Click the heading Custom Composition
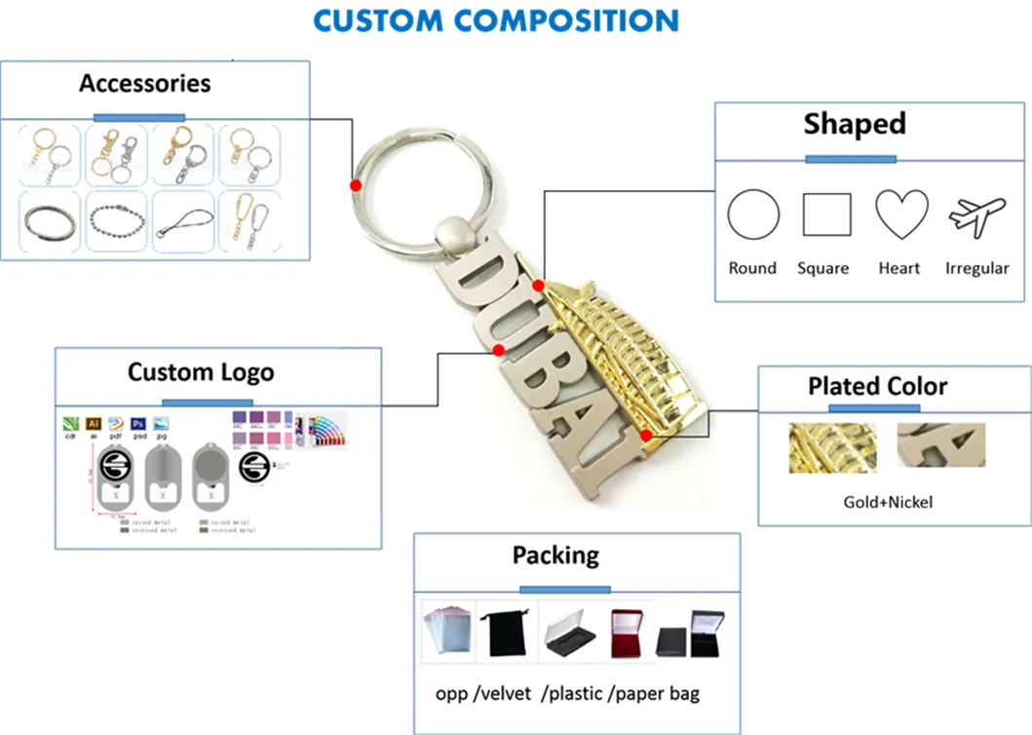click(495, 20)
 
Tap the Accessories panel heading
click(145, 84)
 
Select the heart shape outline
click(900, 214)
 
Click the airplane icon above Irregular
click(976, 214)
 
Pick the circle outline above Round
click(753, 214)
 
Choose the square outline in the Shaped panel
click(826, 214)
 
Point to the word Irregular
click(976, 268)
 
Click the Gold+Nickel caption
click(888, 502)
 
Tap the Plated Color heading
click(877, 386)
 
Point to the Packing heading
click(555, 556)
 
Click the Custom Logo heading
click(201, 372)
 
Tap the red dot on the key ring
click(357, 184)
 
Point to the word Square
click(822, 268)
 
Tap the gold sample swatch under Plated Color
click(831, 446)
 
